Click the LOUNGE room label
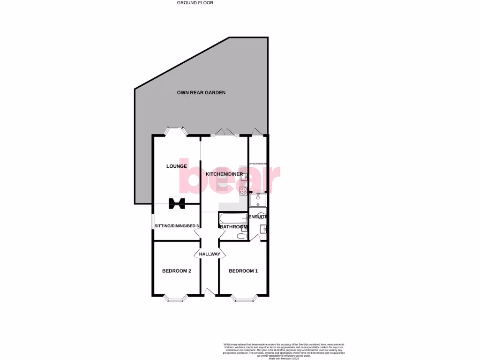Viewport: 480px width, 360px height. pyautogui.click(x=176, y=166)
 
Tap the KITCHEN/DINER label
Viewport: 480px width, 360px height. pyautogui.click(x=224, y=174)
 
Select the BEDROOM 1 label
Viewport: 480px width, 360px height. pyautogui.click(x=243, y=271)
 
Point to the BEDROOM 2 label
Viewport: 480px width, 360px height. pyautogui.click(x=176, y=271)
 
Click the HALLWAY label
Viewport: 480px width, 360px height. pyautogui.click(x=210, y=254)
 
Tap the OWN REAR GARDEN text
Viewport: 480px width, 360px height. pyautogui.click(x=201, y=93)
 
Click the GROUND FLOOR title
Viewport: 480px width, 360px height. pyautogui.click(x=195, y=3)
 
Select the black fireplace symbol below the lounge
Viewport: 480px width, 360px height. pyautogui.click(x=177, y=203)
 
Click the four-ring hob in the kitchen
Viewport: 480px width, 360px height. pyautogui.click(x=243, y=190)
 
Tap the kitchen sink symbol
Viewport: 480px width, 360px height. pyautogui.click(x=244, y=178)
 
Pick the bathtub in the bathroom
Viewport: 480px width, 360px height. pyautogui.click(x=233, y=218)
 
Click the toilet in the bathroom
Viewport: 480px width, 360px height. pyautogui.click(x=242, y=234)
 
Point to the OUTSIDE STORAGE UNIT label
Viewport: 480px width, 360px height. pyautogui.click(x=258, y=164)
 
